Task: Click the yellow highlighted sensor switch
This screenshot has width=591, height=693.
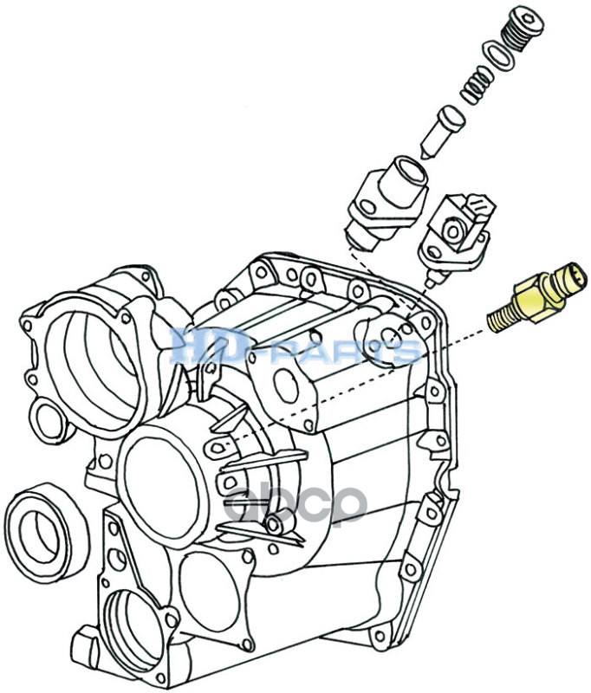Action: (537, 297)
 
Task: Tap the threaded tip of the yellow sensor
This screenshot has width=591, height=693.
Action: (499, 320)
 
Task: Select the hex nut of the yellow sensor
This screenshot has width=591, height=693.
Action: (538, 301)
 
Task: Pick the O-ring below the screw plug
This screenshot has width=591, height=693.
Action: (499, 56)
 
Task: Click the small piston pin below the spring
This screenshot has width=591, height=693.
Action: (442, 132)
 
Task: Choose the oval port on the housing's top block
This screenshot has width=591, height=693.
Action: (286, 385)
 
